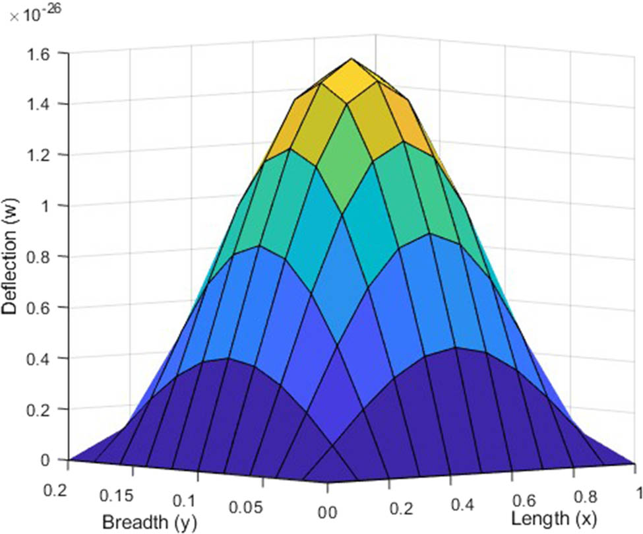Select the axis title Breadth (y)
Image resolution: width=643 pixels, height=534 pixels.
[149, 522]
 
